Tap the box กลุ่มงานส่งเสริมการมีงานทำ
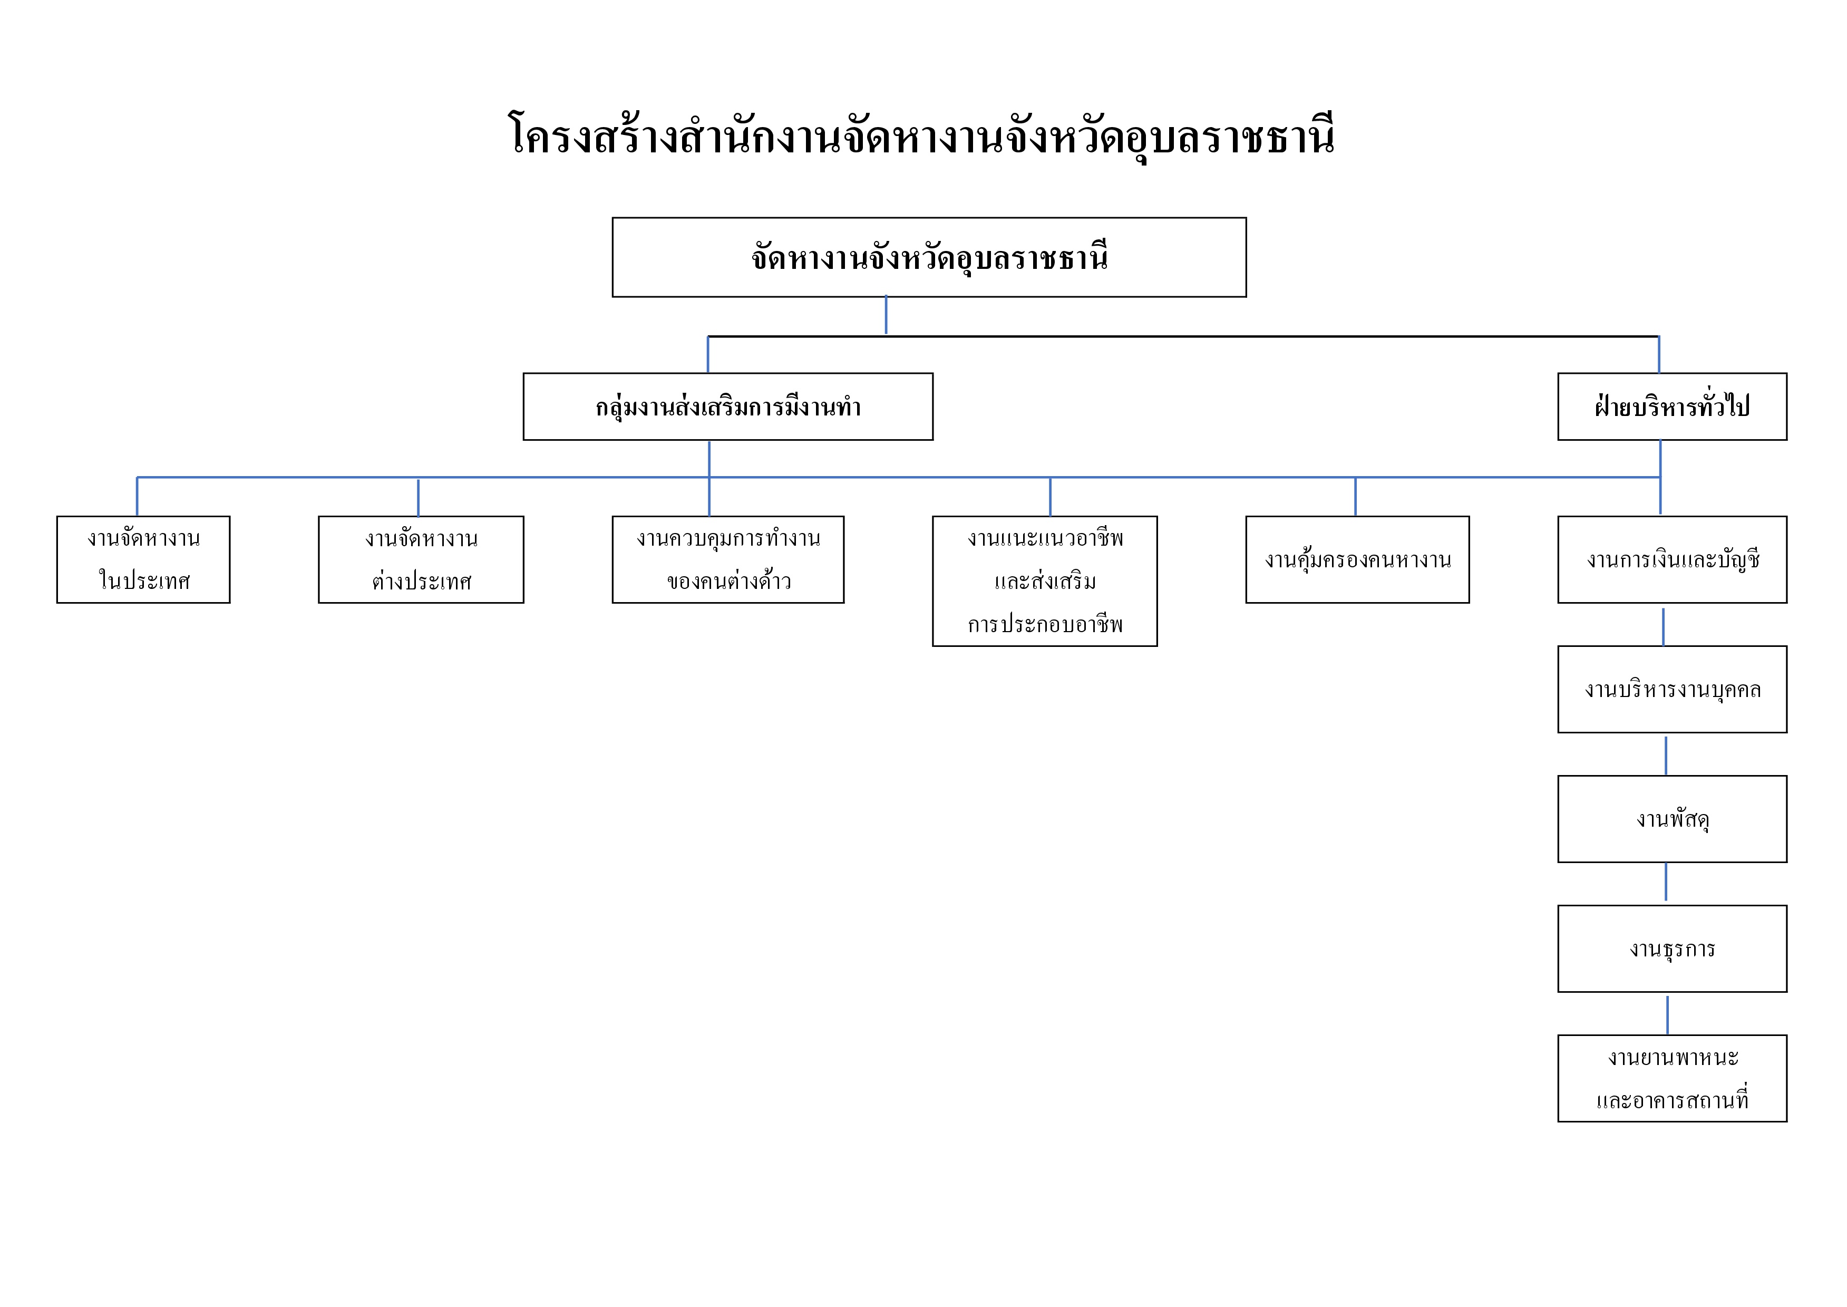[727, 406]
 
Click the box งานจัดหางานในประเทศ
[143, 559]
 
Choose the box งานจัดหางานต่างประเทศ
[421, 559]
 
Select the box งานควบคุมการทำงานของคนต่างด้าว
[727, 559]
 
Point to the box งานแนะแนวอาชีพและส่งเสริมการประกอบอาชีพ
[1044, 580]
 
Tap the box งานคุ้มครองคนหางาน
[1357, 559]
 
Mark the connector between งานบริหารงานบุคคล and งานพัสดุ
[1665, 755]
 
